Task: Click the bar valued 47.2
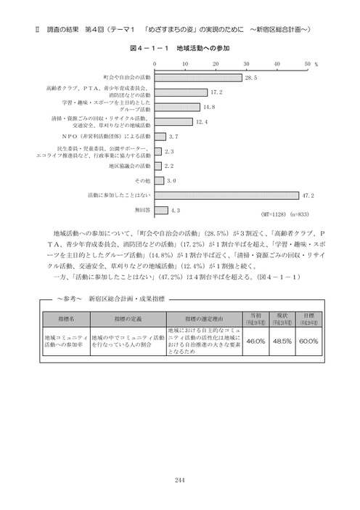point(226,195)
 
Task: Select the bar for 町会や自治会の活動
point(197,77)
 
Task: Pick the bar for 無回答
point(160,210)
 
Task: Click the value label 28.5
point(251,77)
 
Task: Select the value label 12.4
point(202,122)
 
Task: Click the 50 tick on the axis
point(307,64)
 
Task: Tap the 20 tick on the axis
point(216,64)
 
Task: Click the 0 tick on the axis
point(155,64)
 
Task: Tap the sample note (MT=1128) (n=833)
point(284,216)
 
